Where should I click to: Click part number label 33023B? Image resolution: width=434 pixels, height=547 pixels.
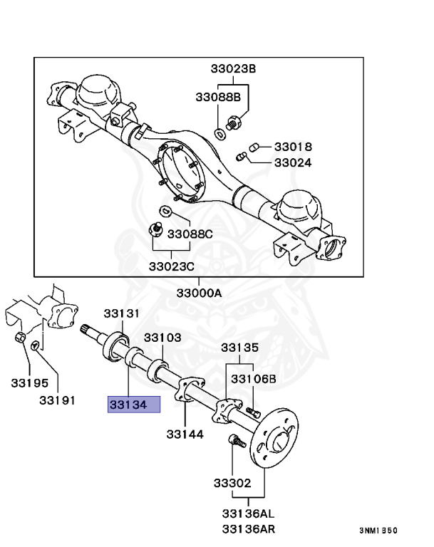tap(232, 69)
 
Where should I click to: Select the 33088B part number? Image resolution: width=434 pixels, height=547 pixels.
tap(218, 96)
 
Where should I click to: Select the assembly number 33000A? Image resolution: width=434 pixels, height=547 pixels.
tap(200, 293)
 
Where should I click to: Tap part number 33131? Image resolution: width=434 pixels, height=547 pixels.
tap(121, 313)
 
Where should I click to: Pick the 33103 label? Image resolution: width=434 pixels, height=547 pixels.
tap(163, 338)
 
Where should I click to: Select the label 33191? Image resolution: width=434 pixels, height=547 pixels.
tap(57, 400)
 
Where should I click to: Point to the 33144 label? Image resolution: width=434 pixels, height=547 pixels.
tap(185, 433)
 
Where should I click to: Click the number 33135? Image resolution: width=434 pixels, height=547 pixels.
tap(239, 348)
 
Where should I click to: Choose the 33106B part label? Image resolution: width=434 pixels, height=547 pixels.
tap(253, 378)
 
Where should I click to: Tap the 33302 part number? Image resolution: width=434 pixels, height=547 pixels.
tap(232, 483)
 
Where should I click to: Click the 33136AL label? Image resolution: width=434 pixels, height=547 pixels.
tap(247, 514)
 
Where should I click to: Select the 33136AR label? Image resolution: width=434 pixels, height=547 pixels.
tap(247, 528)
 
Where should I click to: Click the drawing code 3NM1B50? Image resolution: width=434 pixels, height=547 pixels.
tap(378, 531)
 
